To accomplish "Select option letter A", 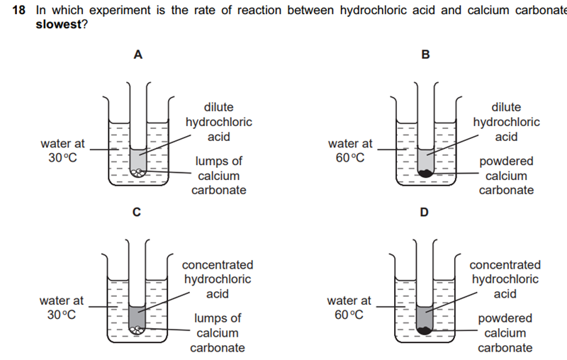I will (138, 56).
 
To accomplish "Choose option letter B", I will (425, 56).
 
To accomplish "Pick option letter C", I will (137, 212).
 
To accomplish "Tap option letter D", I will (425, 212).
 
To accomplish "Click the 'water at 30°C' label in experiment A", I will (63, 151).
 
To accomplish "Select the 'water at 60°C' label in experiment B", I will (350, 151).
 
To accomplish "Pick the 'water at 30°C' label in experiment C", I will (62, 308).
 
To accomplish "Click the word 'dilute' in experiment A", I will (218, 107).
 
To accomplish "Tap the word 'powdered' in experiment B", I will (506, 162).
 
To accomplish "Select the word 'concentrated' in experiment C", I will (218, 265).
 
